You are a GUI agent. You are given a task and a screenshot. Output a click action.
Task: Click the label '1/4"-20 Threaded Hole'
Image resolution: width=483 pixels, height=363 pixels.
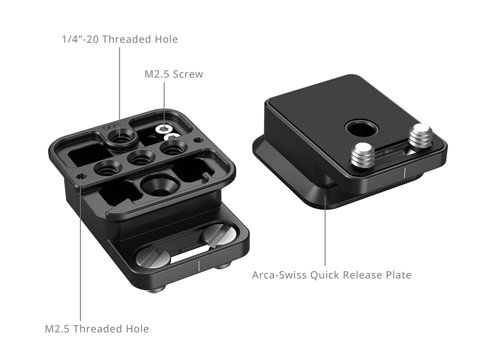coord(120,39)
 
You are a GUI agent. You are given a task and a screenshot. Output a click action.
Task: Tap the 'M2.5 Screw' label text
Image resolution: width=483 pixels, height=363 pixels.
coord(174,74)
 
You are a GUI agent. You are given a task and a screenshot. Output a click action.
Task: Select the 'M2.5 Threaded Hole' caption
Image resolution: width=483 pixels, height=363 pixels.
coord(97,329)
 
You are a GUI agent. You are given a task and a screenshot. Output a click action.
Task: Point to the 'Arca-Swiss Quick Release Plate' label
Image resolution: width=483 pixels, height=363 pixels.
coord(332,275)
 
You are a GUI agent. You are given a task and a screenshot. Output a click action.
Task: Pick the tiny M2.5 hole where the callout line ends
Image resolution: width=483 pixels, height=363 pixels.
coord(81,176)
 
